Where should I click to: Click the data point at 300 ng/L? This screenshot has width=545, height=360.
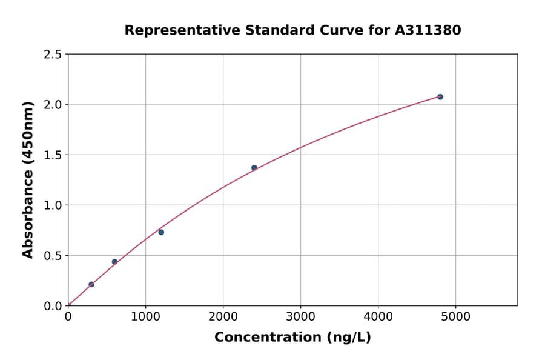point(91,284)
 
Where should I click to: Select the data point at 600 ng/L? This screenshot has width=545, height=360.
point(114,262)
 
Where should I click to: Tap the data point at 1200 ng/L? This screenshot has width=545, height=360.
point(161,232)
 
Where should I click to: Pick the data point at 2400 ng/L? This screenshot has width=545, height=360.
point(254,168)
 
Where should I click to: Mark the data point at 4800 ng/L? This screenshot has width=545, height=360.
point(440,97)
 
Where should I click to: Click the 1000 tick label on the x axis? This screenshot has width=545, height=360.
point(145,316)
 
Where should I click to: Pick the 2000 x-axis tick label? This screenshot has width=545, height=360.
point(223,316)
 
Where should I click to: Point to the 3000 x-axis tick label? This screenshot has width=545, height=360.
point(300,316)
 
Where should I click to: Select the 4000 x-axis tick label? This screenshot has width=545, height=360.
point(378,316)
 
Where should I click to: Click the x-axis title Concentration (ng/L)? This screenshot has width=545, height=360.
point(292,338)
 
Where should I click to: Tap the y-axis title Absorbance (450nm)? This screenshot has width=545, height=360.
point(28,179)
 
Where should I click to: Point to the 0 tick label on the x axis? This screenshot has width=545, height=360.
point(68,316)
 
